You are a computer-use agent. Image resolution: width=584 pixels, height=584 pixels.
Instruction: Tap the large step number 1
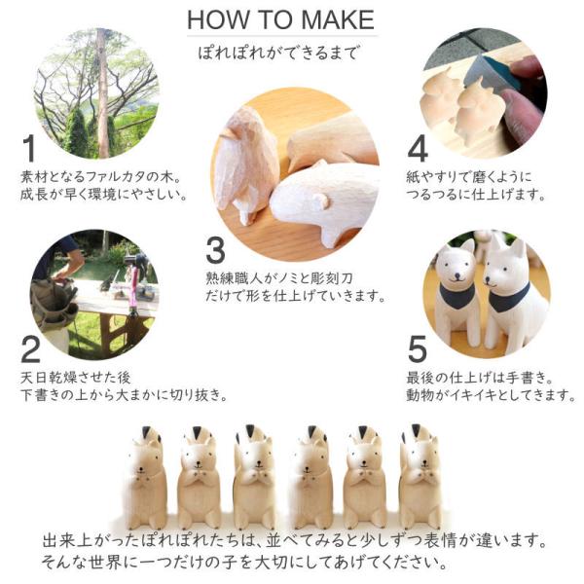pos(29,149)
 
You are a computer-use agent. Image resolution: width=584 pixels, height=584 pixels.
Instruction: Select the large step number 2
pos(30,349)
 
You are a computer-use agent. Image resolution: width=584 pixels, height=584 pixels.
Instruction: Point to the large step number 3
pos(216,251)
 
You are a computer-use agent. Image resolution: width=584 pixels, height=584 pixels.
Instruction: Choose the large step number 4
pos(418,149)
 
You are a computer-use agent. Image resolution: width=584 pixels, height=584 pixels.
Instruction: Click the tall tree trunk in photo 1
pos(102,93)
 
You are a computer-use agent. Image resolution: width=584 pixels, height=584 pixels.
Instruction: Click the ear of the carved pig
pos(322,201)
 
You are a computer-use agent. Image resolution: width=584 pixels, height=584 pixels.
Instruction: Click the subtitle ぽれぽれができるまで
pos(277,53)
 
